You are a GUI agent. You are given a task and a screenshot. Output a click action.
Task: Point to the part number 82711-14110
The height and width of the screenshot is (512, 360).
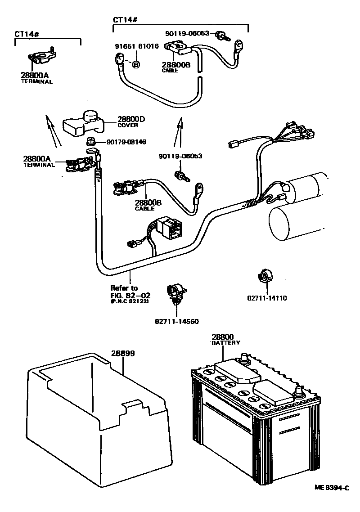pos(267,298)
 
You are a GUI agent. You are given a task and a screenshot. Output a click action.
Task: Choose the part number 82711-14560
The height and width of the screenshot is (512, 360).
pos(177,321)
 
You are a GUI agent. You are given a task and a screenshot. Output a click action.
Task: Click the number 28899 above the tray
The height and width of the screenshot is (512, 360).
pos(123,354)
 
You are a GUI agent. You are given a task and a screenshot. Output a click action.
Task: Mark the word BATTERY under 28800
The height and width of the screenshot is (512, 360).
pos(225,343)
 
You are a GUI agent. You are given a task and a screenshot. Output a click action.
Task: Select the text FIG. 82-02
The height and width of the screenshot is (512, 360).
pos(130,295)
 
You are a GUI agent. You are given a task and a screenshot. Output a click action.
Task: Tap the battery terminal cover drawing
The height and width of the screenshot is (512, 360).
pos(84,123)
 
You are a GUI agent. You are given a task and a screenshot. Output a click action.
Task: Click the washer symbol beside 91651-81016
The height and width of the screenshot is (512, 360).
pos(135,64)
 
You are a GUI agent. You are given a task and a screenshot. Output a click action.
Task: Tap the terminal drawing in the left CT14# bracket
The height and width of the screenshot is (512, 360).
pos(41,57)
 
